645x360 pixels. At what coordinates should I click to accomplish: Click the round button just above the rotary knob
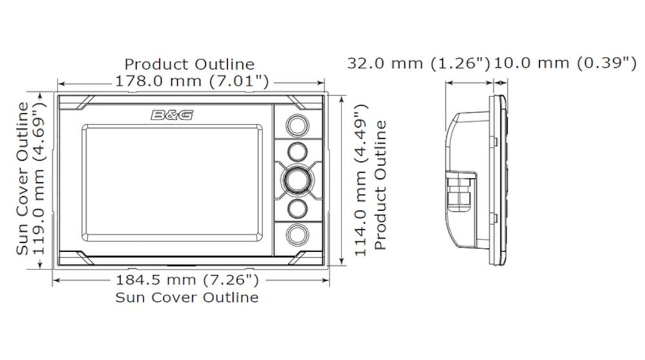[x=296, y=151]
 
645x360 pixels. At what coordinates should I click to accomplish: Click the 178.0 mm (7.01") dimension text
[x=192, y=81]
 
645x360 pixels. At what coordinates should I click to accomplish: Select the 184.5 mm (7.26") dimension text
[x=187, y=281]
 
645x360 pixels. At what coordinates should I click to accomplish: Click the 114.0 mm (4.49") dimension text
[x=361, y=180]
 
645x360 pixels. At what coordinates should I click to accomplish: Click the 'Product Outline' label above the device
[x=189, y=64]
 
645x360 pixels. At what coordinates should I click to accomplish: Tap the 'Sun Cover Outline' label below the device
[x=187, y=298]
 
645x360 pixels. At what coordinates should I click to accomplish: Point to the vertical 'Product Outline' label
[x=380, y=185]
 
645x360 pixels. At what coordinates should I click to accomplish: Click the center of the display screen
[x=171, y=183]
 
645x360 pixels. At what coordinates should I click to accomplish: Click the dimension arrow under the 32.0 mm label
[x=468, y=83]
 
